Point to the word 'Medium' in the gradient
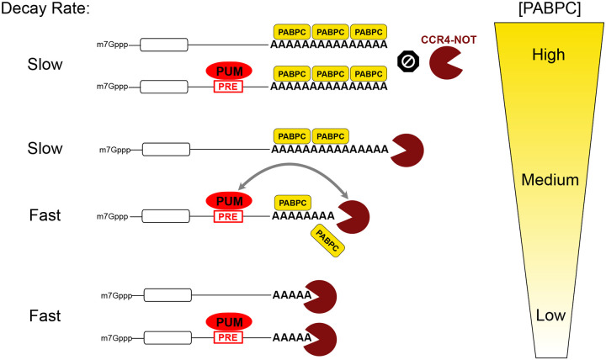tap(537, 180)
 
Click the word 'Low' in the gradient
tap(537, 317)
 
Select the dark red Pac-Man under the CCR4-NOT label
tap(447, 64)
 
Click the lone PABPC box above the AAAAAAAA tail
tap(292, 203)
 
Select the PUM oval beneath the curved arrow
tap(225, 201)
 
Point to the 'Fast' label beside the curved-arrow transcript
tap(45, 215)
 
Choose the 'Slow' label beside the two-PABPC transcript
tap(45, 149)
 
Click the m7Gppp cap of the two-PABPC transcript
tap(114, 150)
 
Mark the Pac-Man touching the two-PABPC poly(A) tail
tap(407, 149)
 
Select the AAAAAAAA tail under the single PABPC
tap(303, 216)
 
